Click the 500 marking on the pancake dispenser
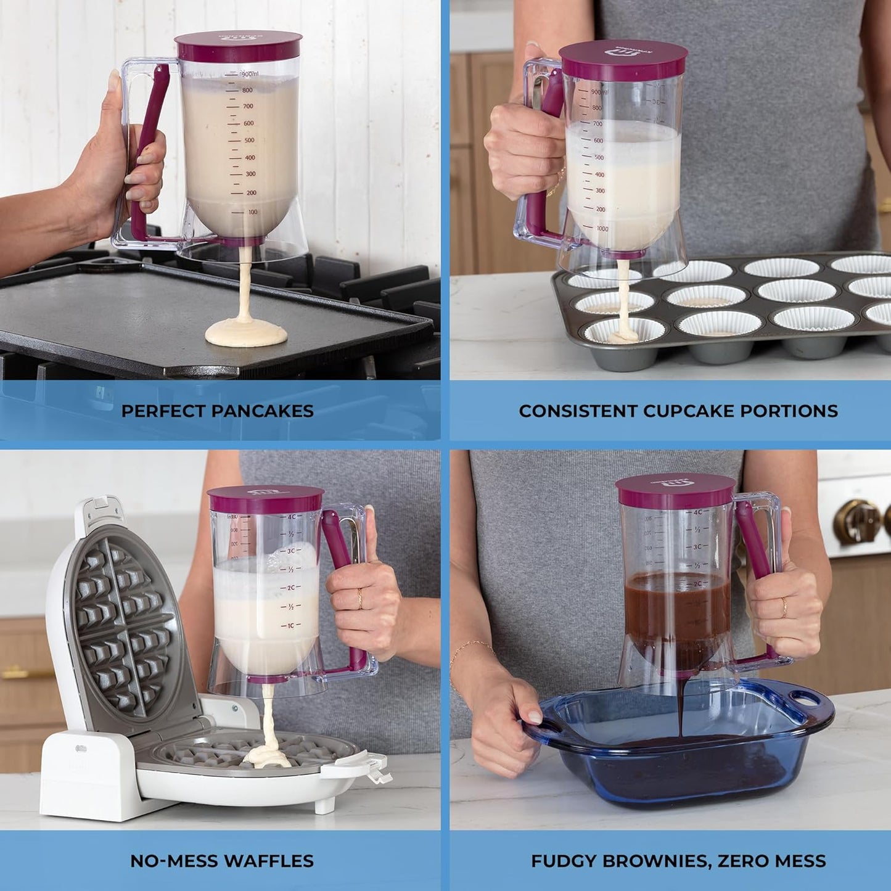pyautogui.click(x=248, y=141)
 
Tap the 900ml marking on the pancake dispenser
pyautogui.click(x=249, y=74)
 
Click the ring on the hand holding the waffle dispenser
pyautogui.click(x=359, y=598)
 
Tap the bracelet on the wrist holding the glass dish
pyautogui.click(x=471, y=648)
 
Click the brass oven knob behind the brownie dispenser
pyautogui.click(x=857, y=522)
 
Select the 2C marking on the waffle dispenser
pyautogui.click(x=290, y=588)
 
